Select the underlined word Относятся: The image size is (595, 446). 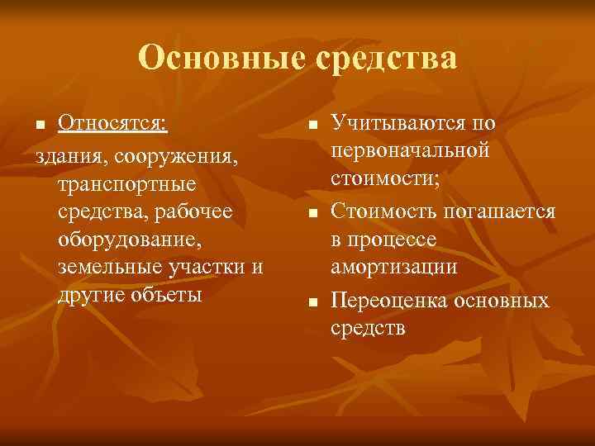tap(112, 124)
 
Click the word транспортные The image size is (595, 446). tap(127, 183)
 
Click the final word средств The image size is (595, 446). tap(369, 328)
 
